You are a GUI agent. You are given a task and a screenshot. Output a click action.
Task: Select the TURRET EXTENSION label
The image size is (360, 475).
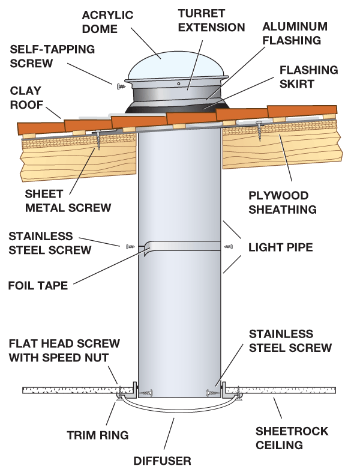click(x=210, y=19)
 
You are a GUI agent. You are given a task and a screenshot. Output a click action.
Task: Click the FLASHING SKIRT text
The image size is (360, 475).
click(x=305, y=77)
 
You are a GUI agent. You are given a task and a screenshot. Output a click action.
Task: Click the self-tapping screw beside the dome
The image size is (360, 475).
click(x=121, y=86)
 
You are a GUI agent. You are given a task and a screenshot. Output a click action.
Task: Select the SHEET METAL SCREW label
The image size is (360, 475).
click(x=68, y=201)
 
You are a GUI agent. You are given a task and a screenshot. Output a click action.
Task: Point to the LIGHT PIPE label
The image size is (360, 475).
click(x=280, y=247)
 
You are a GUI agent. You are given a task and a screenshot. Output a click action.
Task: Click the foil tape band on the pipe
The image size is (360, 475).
click(x=180, y=246)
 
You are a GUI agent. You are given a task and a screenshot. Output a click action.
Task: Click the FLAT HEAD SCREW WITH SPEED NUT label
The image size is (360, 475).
click(x=64, y=351)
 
